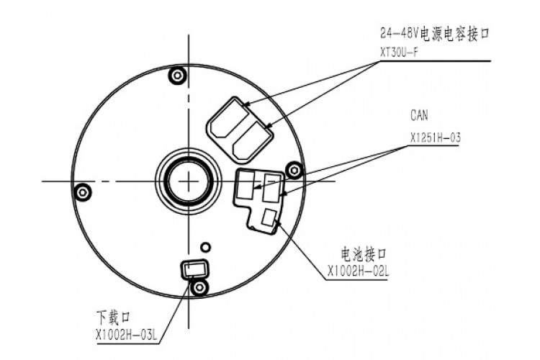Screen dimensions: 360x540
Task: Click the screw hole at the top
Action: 176,76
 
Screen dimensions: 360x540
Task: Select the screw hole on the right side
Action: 293,168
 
